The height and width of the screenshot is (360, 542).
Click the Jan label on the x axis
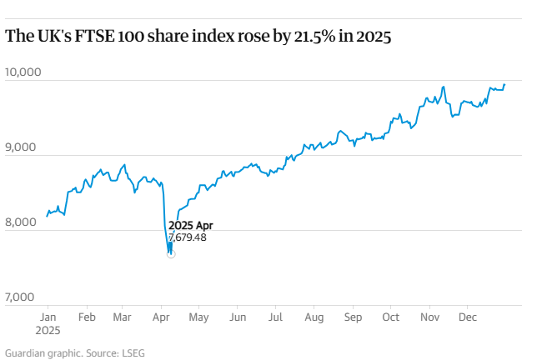[48, 317]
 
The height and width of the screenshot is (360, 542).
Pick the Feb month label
[86, 317]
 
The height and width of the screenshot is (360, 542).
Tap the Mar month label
[122, 317]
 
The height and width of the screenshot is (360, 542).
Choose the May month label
[198, 317]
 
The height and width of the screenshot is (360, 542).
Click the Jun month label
[238, 317]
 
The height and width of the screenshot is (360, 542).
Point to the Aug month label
[314, 317]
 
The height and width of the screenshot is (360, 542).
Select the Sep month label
[354, 317]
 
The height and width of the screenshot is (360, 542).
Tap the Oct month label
[390, 317]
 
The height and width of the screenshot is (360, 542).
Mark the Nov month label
[429, 317]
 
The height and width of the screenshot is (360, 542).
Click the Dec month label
[468, 317]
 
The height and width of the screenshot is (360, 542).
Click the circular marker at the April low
[171, 253]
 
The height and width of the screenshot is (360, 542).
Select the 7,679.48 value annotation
[187, 237]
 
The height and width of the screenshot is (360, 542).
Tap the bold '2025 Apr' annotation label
[190, 226]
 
